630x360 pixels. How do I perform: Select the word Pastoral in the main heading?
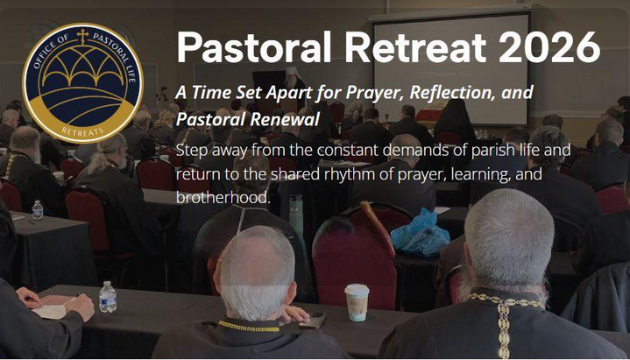click(253, 46)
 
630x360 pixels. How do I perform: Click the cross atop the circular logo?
click(82, 36)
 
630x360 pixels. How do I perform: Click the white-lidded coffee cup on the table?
click(357, 301)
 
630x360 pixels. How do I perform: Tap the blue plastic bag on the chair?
click(420, 232)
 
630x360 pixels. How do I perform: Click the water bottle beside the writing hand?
click(107, 297)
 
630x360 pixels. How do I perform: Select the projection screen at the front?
click(451, 69)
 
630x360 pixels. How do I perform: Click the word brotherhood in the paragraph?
click(223, 197)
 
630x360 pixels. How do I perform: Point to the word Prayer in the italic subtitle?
click(375, 93)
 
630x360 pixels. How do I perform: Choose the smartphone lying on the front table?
click(312, 321)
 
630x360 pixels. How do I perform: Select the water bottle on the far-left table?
click(38, 210)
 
